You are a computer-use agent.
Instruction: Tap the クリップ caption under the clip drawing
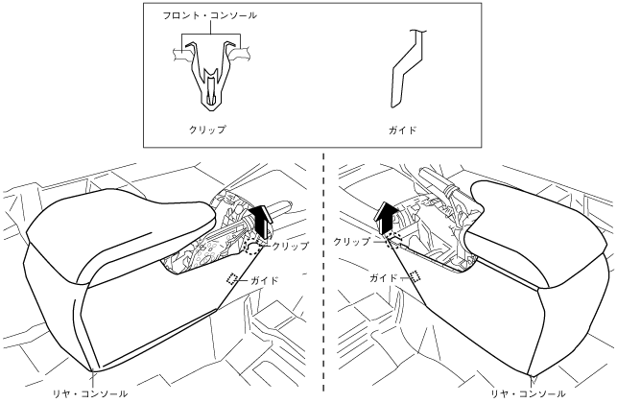click(x=207, y=129)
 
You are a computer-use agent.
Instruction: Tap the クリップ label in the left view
click(x=291, y=246)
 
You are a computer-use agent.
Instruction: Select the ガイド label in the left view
click(x=264, y=280)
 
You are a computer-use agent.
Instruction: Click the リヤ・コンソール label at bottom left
click(x=89, y=392)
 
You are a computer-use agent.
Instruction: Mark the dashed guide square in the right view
click(x=415, y=275)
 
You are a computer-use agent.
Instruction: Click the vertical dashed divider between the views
click(x=323, y=288)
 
